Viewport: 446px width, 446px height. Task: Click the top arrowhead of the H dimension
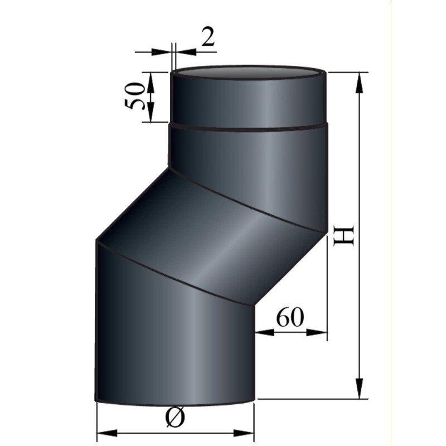pyautogui.click(x=360, y=81)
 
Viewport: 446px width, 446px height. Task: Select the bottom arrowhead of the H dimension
pyautogui.click(x=360, y=390)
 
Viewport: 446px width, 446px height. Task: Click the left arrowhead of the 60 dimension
pyautogui.click(x=265, y=332)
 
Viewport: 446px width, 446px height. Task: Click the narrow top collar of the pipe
pyautogui.click(x=248, y=100)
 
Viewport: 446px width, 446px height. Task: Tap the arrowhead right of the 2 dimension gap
pyautogui.click(x=183, y=52)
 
